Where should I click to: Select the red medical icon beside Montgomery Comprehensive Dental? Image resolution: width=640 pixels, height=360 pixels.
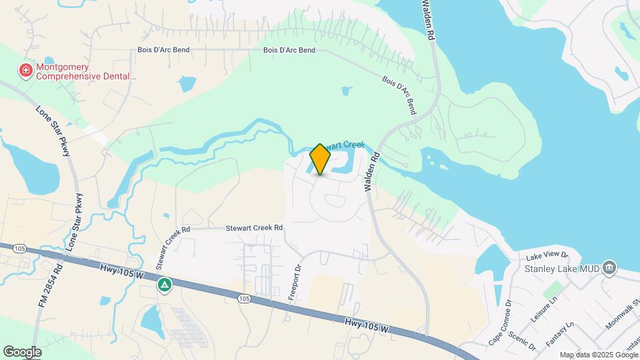(x=26, y=71)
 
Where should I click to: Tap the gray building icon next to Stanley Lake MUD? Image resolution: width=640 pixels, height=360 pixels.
(x=609, y=269)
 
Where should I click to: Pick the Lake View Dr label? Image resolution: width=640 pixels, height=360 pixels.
(x=546, y=256)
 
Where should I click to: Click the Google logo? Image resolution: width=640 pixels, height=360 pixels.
(x=22, y=352)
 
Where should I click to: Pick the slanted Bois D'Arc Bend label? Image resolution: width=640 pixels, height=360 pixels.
(x=399, y=95)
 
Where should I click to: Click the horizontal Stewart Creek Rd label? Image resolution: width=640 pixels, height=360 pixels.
(x=255, y=227)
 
